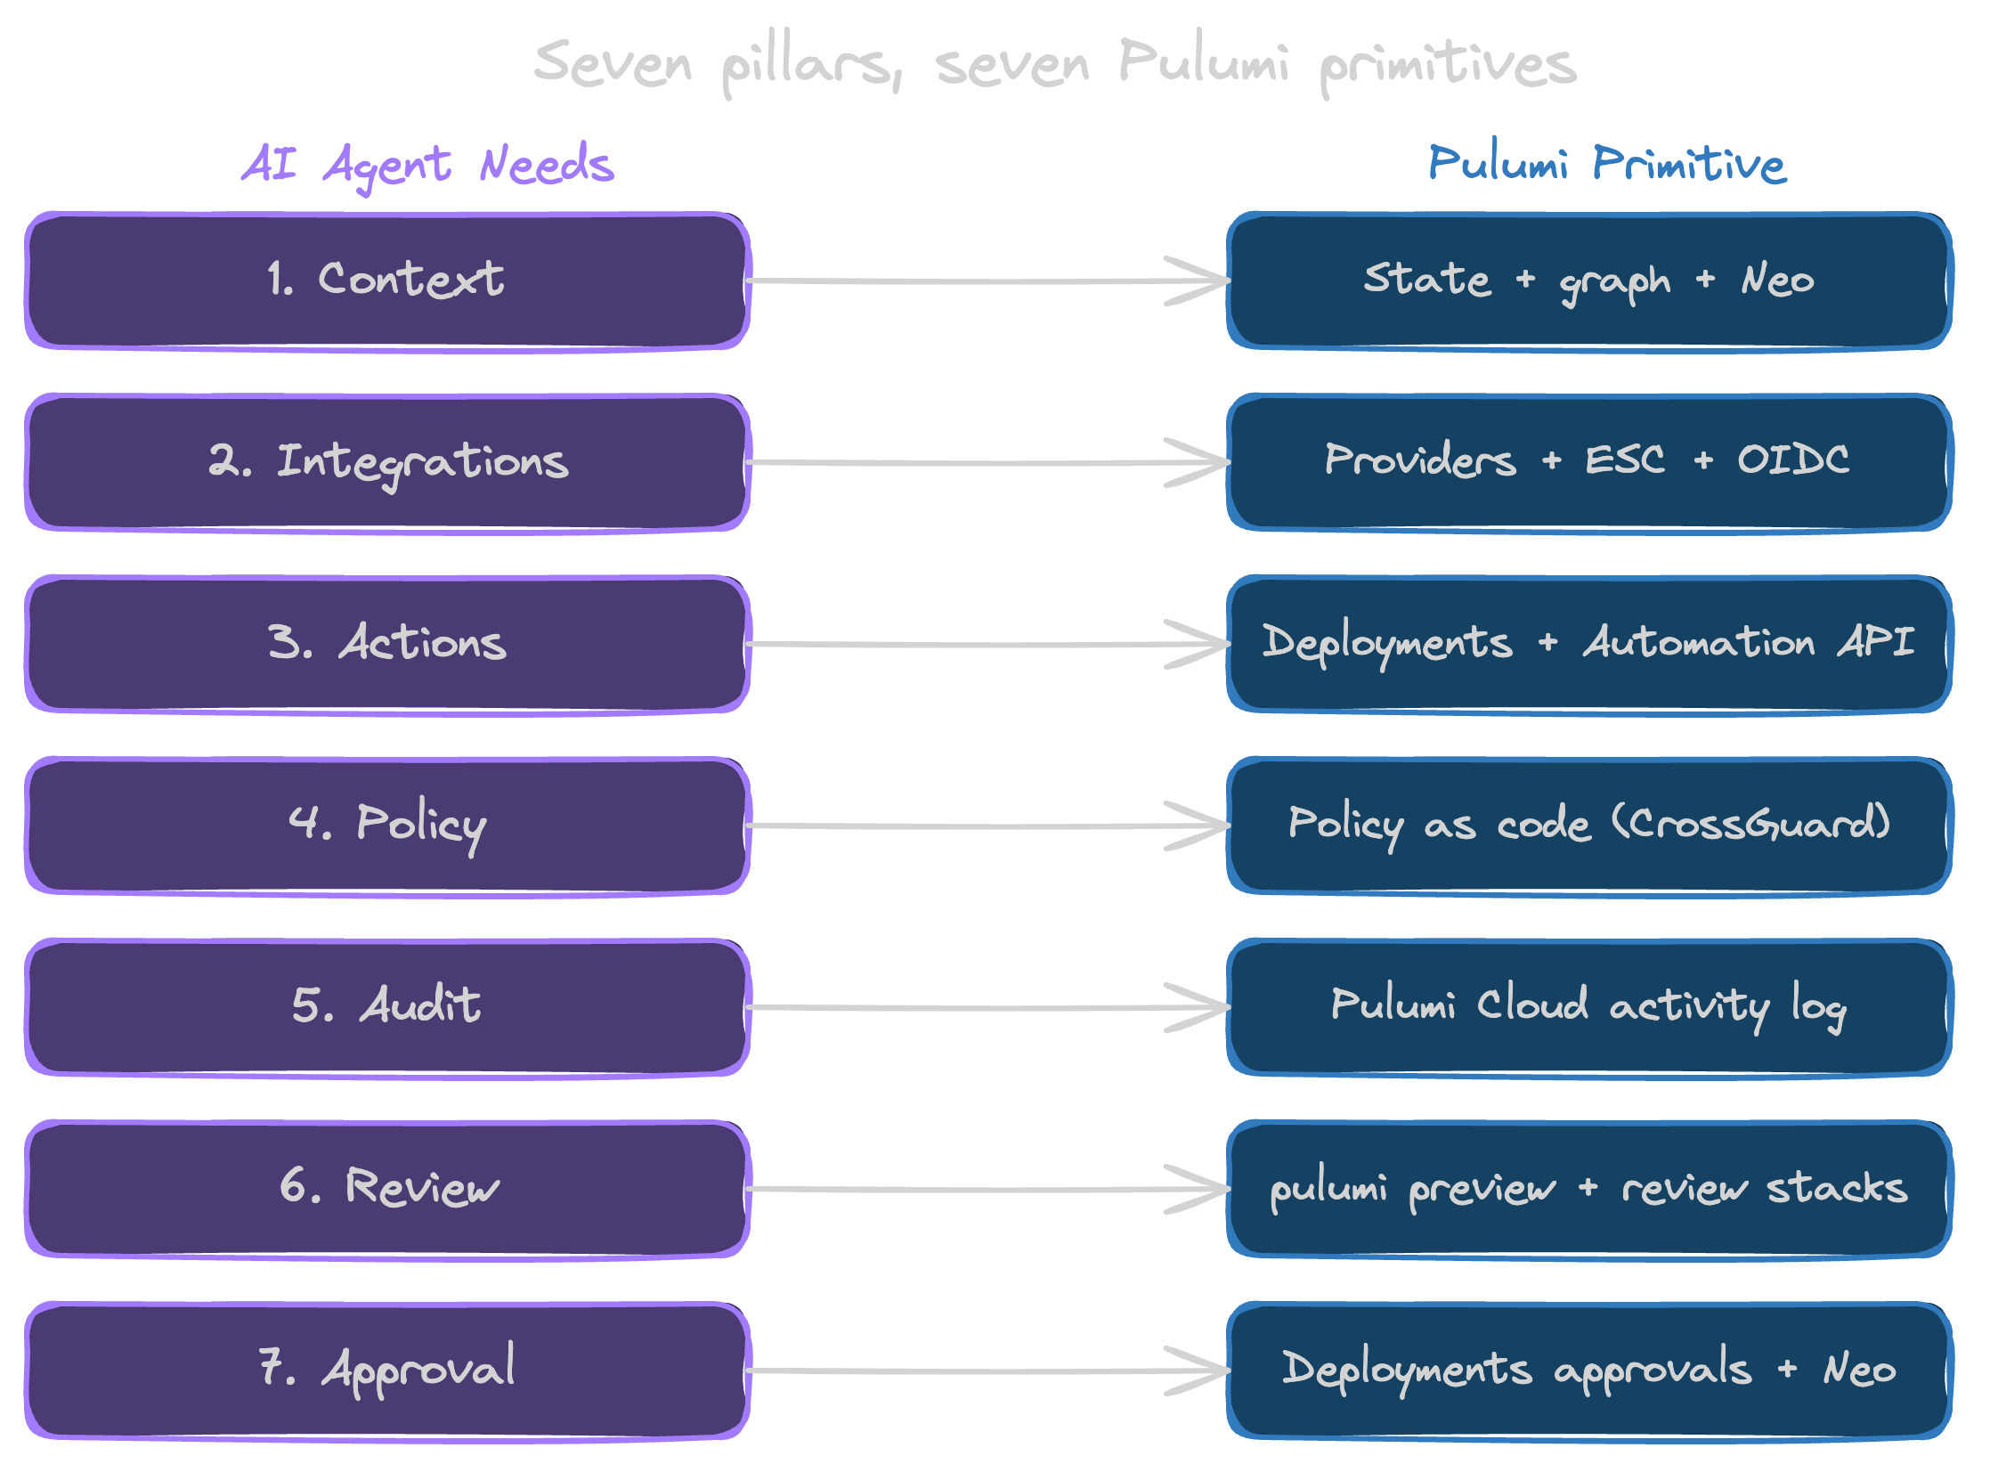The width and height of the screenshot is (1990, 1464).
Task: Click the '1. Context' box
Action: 386,281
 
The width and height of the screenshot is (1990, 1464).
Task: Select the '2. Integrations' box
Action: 386,463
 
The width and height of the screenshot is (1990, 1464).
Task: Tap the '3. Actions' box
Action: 386,645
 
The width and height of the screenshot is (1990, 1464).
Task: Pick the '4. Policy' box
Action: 386,826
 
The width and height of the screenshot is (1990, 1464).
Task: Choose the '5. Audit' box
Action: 386,1007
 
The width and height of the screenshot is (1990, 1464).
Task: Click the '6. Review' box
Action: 386,1189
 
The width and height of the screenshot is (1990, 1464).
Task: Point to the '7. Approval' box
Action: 386,1370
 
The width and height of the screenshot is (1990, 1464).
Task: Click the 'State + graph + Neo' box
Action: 1588,281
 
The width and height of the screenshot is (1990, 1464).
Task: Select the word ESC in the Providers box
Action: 1624,460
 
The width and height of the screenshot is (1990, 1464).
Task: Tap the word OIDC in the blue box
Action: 1792,460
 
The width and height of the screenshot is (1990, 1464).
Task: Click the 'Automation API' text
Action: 1748,642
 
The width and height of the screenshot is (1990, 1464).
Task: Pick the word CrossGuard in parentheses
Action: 1750,824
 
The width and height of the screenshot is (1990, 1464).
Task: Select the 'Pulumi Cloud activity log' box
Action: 1588,1007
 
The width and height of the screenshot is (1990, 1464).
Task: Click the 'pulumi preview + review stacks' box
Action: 1588,1189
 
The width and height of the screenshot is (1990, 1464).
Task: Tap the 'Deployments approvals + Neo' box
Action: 1588,1370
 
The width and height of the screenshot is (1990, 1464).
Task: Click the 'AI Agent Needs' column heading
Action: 427,166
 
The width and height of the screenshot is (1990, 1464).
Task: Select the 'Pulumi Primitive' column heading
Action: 1606,165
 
